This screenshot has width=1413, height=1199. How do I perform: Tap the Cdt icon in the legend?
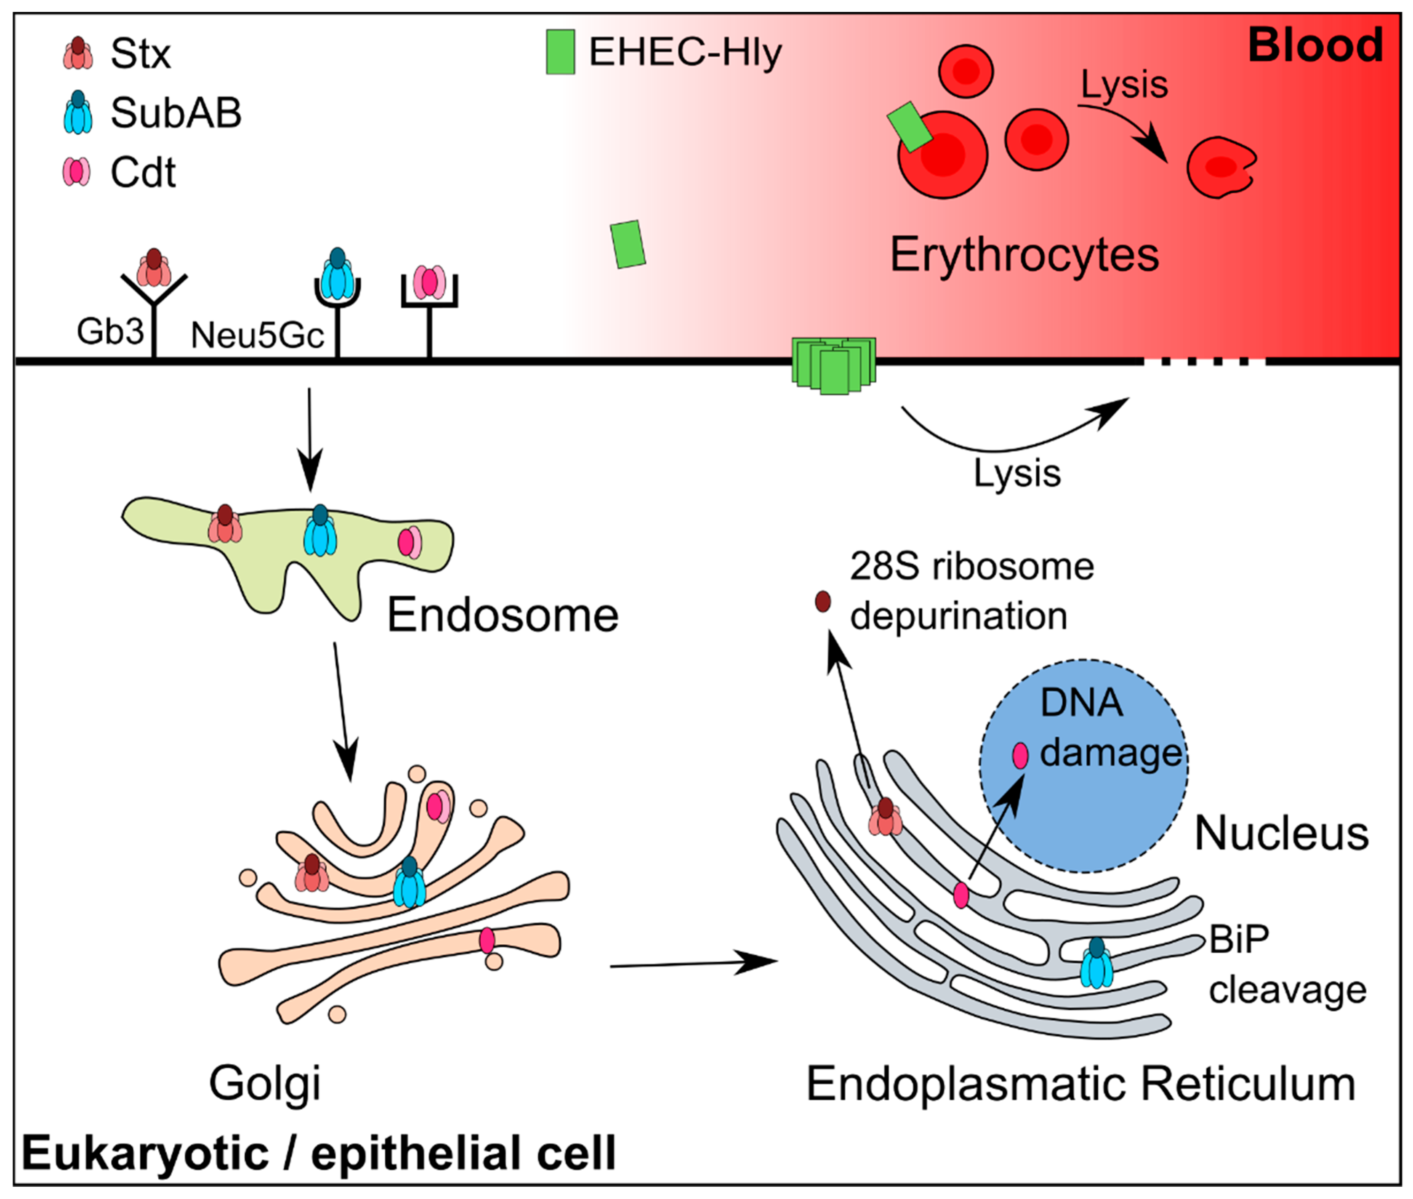(x=76, y=171)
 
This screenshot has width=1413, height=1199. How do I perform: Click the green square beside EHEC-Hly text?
(x=560, y=52)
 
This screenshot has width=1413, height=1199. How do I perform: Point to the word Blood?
(x=1315, y=45)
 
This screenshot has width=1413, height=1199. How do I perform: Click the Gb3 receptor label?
(x=110, y=332)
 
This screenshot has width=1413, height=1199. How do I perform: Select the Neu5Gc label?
(x=257, y=334)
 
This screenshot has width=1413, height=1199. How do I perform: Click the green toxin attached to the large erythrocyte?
(x=909, y=126)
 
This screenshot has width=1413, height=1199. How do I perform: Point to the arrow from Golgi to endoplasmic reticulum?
(x=693, y=963)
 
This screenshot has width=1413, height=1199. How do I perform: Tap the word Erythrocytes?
(x=1024, y=255)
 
